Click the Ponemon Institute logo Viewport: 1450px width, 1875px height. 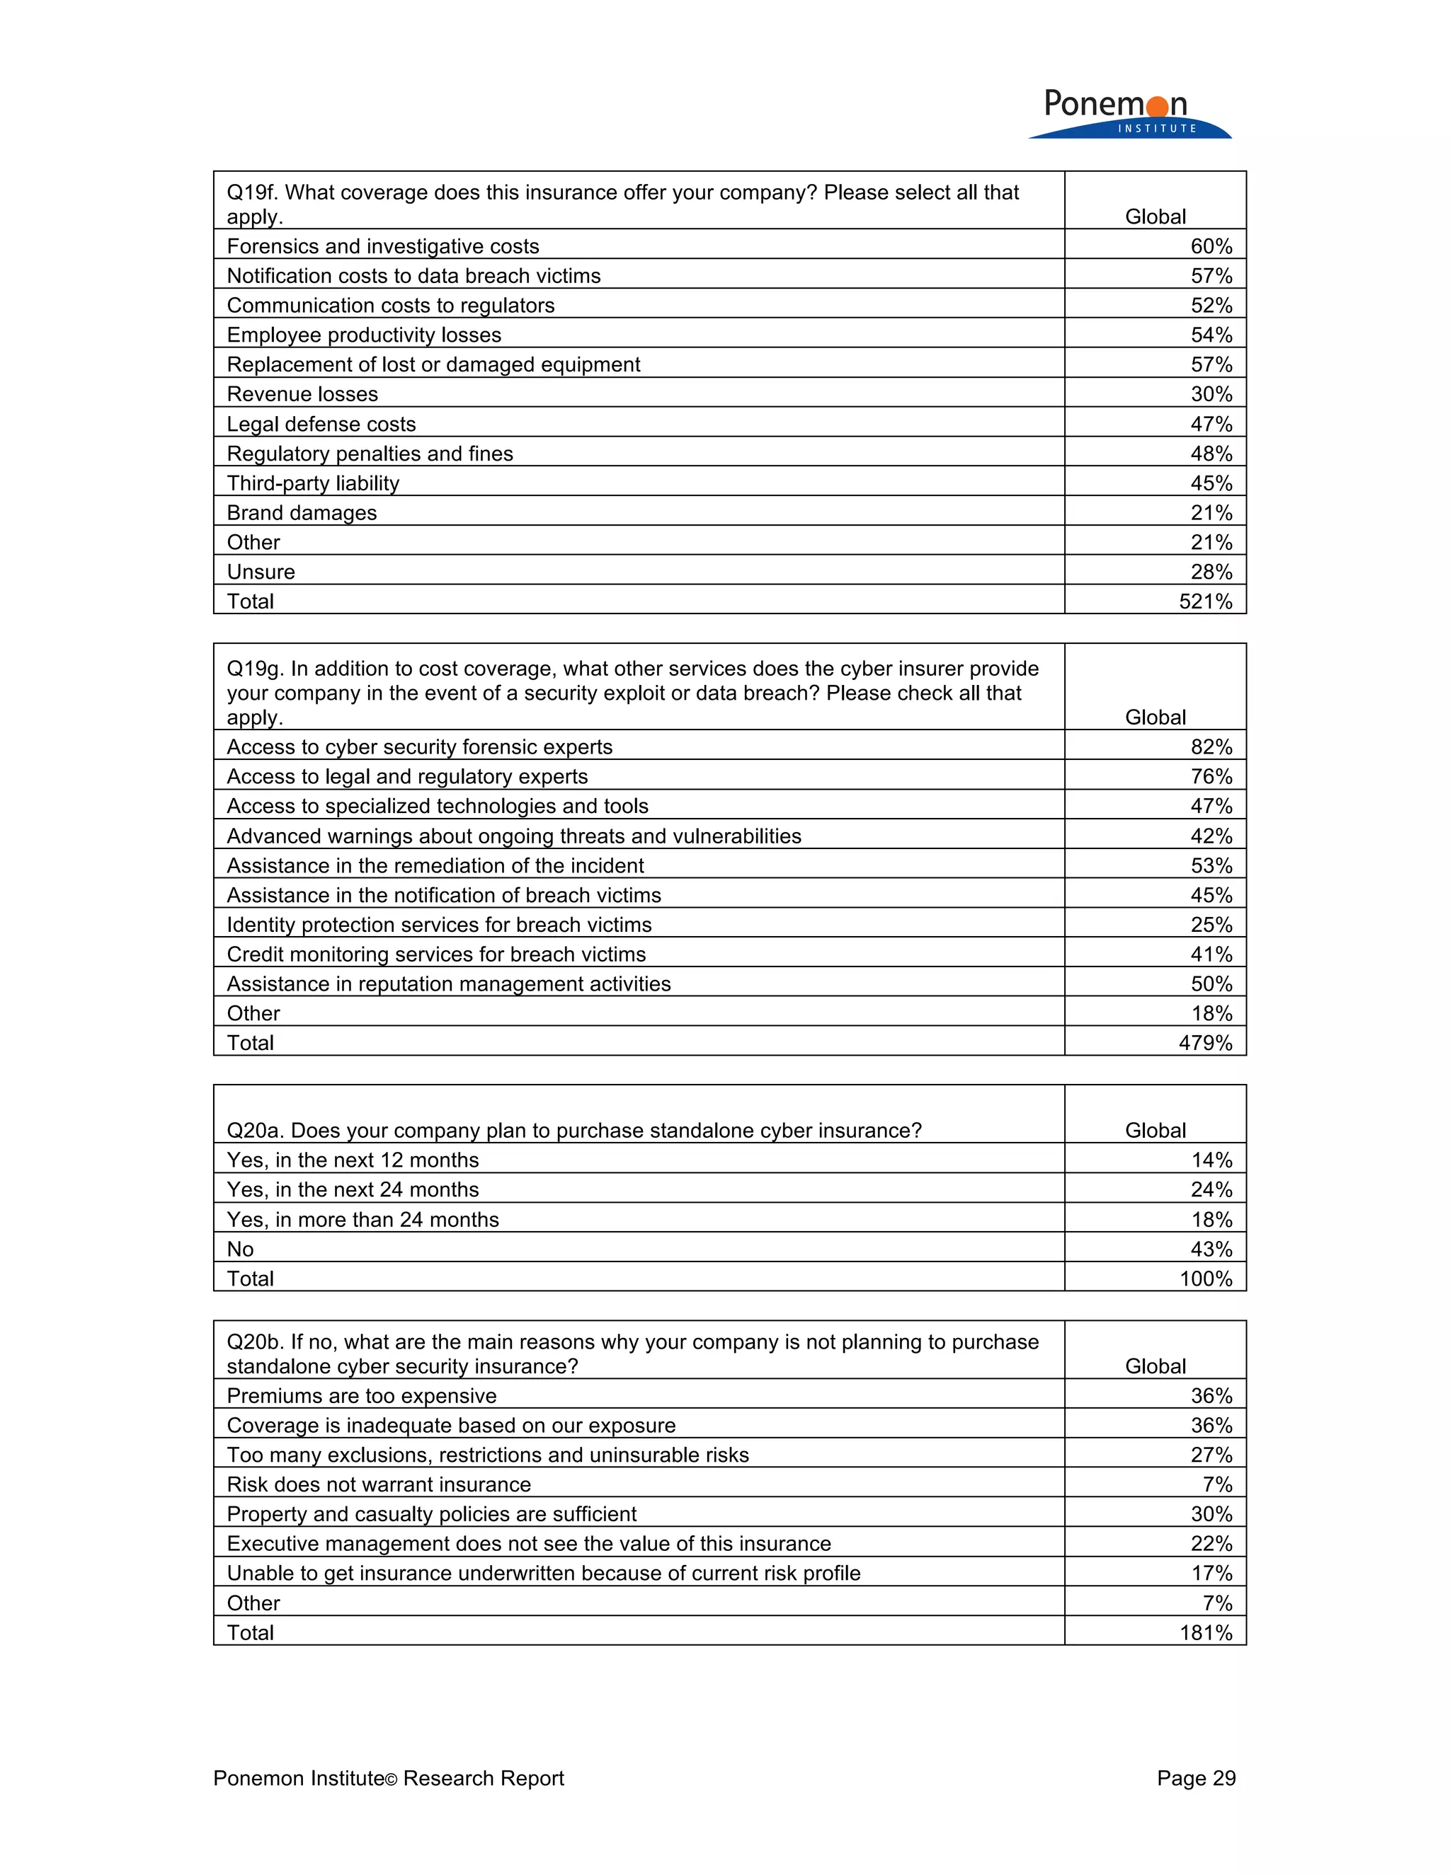[x=1129, y=113]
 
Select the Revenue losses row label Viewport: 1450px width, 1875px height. [x=302, y=394]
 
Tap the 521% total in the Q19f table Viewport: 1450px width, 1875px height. [x=1205, y=601]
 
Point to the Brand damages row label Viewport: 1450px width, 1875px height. [x=302, y=512]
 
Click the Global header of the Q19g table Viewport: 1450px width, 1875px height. [x=1155, y=717]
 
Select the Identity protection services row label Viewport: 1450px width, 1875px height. [x=439, y=925]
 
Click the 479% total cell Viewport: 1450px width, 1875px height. [x=1205, y=1042]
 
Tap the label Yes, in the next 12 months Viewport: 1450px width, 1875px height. [x=352, y=1160]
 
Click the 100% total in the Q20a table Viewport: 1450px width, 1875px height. [x=1205, y=1279]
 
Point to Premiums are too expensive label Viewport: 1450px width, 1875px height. [x=362, y=1396]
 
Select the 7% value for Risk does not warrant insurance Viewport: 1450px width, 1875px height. [x=1217, y=1484]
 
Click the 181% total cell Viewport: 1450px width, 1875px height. [x=1205, y=1632]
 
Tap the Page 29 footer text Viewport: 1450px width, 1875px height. [x=1195, y=1778]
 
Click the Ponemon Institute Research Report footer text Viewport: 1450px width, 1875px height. [x=388, y=1778]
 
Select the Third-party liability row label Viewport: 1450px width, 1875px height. [x=313, y=483]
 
